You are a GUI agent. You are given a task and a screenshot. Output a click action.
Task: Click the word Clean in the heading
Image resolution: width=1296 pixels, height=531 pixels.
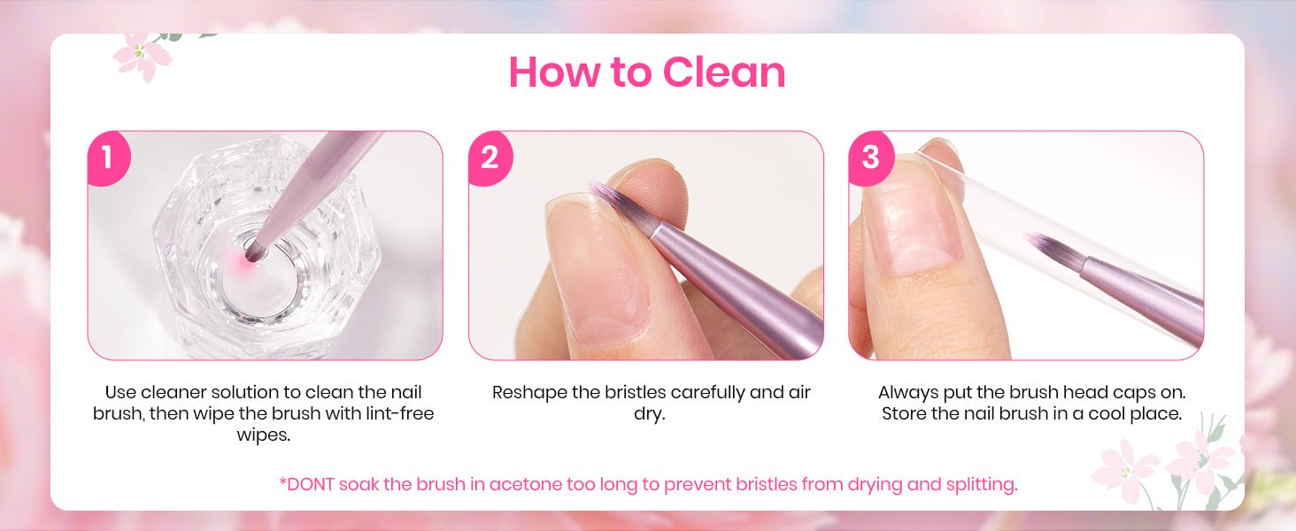[x=724, y=73]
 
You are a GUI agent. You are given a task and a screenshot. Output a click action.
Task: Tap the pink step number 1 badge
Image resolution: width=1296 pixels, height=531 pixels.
[x=108, y=158]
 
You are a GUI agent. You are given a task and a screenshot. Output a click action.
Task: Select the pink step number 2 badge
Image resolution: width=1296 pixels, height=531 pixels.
[x=490, y=158]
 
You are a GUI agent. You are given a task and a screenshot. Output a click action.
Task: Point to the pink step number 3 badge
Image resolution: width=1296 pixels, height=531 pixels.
[x=870, y=158]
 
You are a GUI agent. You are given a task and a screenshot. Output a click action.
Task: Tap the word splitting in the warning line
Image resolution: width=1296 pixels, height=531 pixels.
[x=982, y=485]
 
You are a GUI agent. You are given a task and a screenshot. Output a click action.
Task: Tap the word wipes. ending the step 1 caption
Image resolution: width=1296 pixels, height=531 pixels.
[x=263, y=435]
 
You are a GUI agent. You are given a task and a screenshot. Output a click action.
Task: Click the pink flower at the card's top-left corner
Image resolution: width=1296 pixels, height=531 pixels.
[x=142, y=57]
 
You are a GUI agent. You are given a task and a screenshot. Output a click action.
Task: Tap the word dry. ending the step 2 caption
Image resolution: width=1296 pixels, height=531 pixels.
[x=649, y=414]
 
